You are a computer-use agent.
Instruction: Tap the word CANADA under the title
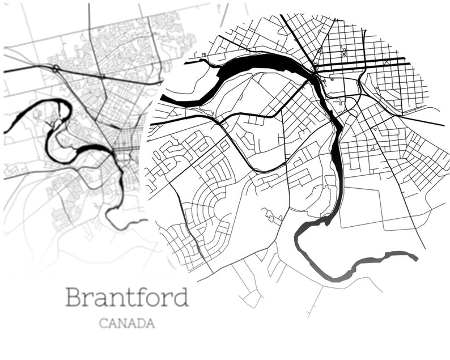pyautogui.click(x=126, y=324)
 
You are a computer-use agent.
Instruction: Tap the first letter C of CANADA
pyautogui.click(x=103, y=324)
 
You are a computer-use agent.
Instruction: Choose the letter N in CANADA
pyautogui.click(x=122, y=324)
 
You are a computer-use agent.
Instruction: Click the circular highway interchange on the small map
pyautogui.click(x=56, y=68)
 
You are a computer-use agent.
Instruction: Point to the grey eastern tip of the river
pyautogui.click(x=415, y=257)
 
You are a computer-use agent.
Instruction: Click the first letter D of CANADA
pyautogui.click(x=141, y=324)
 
